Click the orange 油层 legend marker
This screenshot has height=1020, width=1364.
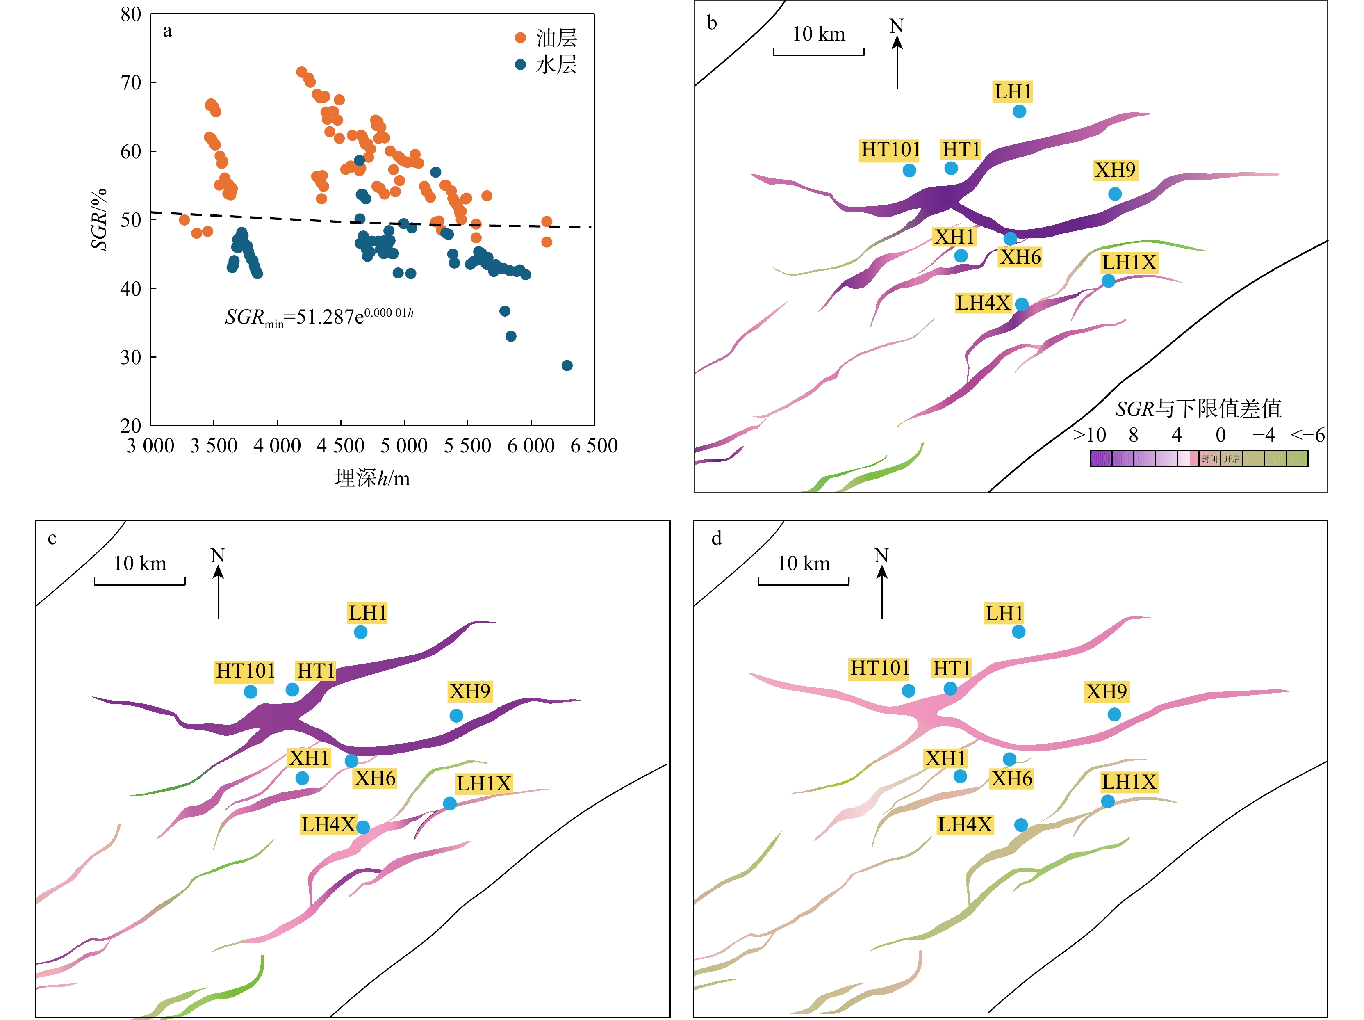tap(520, 38)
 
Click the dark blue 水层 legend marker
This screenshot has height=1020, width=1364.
tap(520, 64)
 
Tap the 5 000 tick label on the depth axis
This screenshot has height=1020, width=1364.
tap(404, 445)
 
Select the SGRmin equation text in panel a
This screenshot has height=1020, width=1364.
tap(319, 317)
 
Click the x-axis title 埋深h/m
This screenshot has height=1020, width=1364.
tap(372, 478)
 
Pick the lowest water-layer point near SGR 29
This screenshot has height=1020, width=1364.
tap(567, 366)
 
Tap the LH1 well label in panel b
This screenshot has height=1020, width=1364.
tap(1013, 91)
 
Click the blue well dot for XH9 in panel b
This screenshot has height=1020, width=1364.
tap(1115, 194)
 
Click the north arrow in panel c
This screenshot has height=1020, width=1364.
tap(218, 583)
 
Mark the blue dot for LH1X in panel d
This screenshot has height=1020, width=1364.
tap(1108, 801)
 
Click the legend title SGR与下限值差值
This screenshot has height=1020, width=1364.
tap(1198, 408)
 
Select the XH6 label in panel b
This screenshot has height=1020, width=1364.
tap(1020, 257)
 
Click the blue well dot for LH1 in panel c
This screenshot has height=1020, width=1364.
tap(361, 632)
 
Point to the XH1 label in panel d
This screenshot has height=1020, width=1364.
tap(945, 758)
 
